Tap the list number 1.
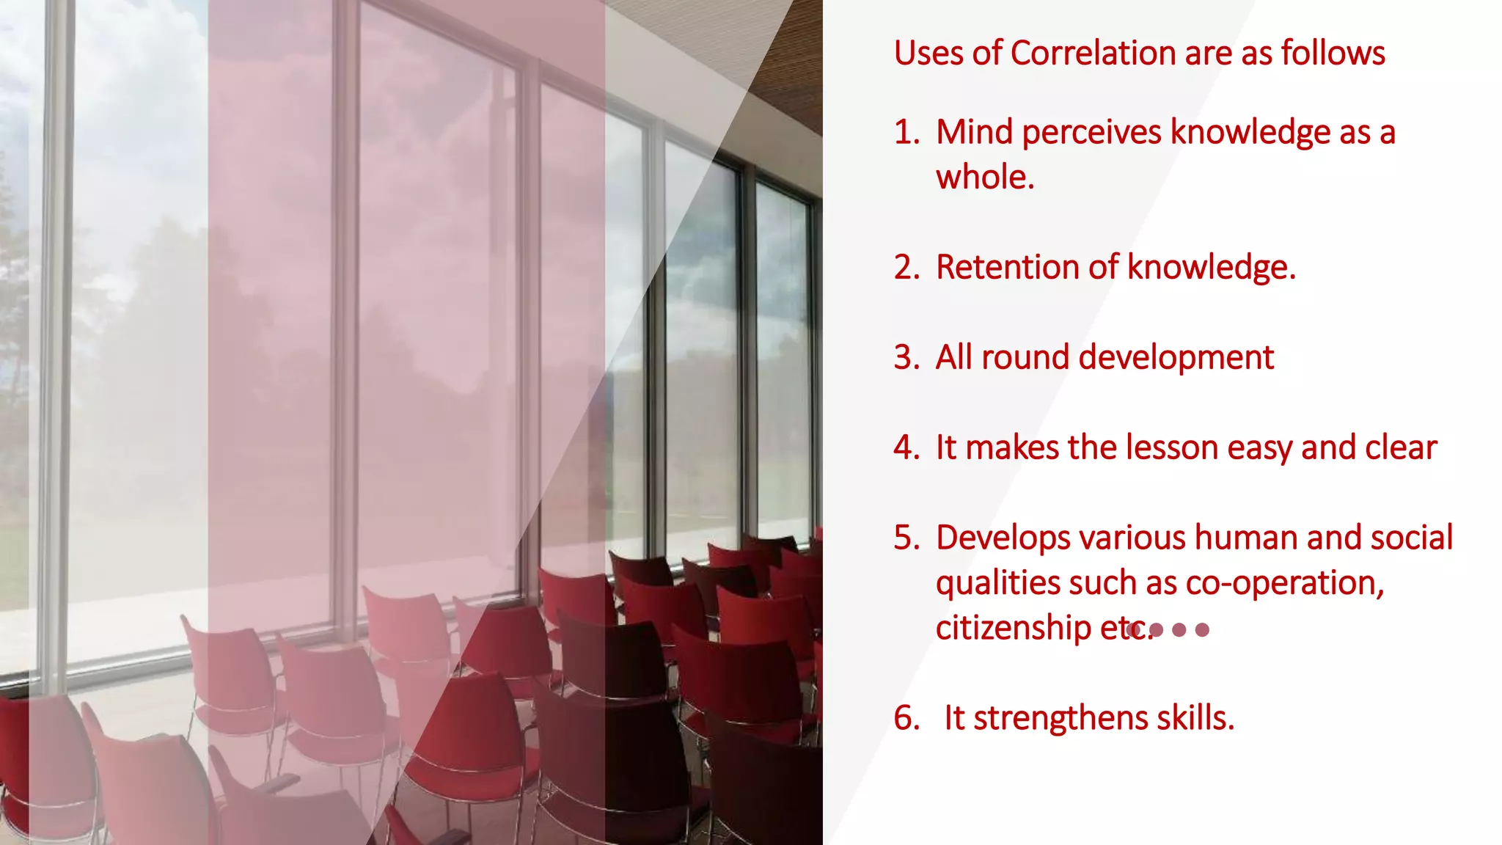[905, 133]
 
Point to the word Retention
[1007, 268]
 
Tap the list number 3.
[905, 358]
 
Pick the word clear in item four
[1400, 448]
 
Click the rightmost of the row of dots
[1202, 629]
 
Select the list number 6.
[905, 718]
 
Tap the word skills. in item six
[1195, 718]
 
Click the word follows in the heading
[1333, 54]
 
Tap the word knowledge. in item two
[1211, 268]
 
